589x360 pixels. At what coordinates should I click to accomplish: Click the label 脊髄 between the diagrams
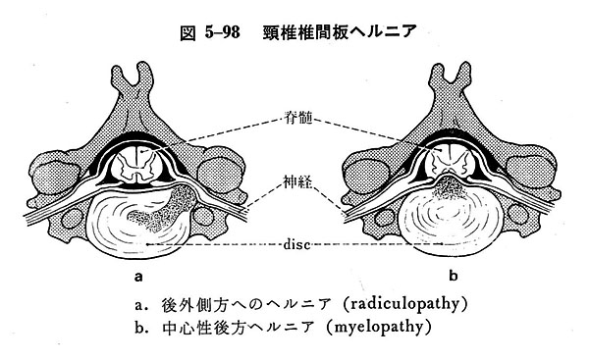294,116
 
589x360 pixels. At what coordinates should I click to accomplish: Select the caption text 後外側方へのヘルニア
216,301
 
